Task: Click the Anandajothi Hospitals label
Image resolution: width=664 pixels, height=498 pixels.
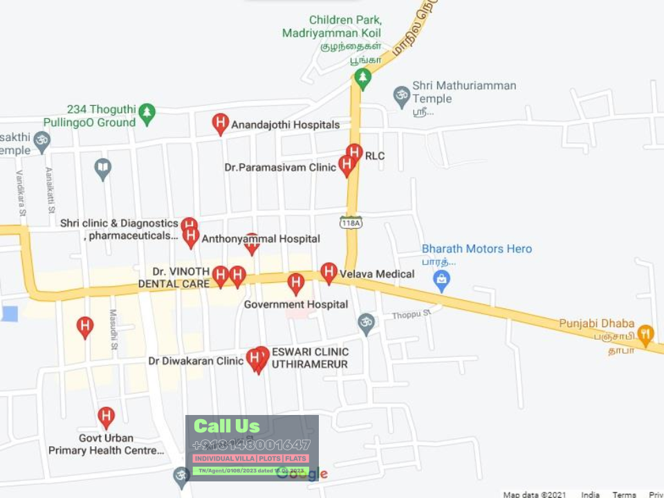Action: (x=285, y=125)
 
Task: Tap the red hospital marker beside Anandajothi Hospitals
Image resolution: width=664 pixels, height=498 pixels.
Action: (x=220, y=124)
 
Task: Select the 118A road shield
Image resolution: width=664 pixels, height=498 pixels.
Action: (x=351, y=222)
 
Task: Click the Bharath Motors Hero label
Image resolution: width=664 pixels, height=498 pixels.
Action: (x=477, y=249)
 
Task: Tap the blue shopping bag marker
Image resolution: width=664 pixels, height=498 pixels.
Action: (x=441, y=280)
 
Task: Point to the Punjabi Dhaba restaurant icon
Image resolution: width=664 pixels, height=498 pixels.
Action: (x=645, y=335)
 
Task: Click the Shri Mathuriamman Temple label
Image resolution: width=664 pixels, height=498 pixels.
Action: (x=464, y=92)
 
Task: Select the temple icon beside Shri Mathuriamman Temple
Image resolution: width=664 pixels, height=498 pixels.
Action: (x=401, y=95)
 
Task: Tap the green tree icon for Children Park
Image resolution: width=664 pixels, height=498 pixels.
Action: (x=362, y=78)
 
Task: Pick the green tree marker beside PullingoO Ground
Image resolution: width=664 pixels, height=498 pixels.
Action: (x=147, y=113)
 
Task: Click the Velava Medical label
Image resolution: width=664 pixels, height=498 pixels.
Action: (x=377, y=274)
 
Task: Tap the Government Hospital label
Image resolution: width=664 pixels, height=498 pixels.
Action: (x=296, y=304)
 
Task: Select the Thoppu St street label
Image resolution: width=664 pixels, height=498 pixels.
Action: (x=411, y=315)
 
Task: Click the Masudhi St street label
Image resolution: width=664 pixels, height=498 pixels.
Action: (x=113, y=329)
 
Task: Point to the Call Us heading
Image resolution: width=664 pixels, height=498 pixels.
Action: (x=227, y=426)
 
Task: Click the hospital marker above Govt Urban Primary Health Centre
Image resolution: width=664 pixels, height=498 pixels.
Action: (x=105, y=417)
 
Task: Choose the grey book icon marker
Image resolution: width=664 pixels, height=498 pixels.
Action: (x=102, y=168)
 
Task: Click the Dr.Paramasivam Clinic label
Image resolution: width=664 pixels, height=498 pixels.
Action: (x=280, y=167)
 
